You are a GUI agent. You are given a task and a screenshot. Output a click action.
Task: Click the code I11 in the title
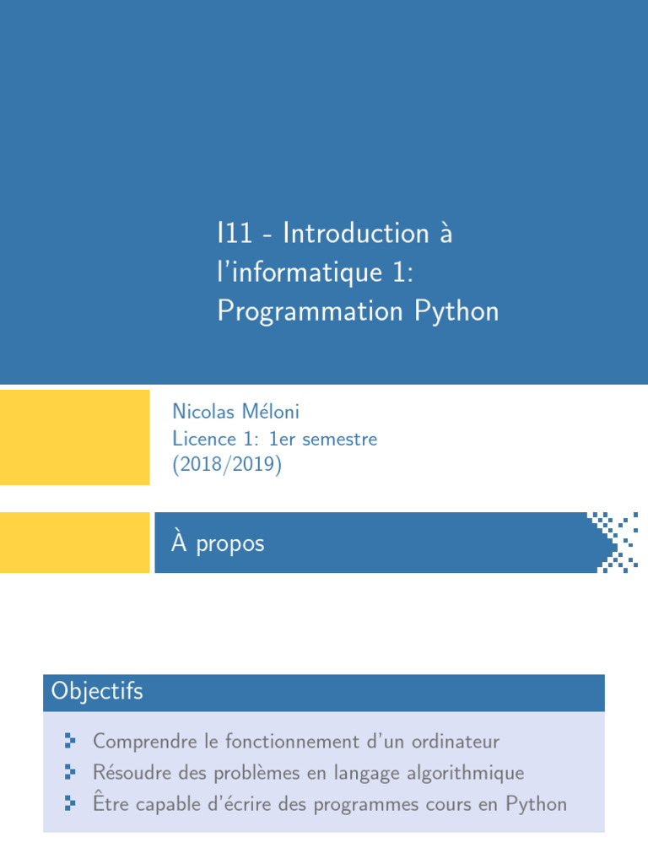(x=234, y=233)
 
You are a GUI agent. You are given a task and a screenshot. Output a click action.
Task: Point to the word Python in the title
(x=456, y=311)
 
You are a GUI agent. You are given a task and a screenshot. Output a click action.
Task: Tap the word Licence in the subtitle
(x=202, y=439)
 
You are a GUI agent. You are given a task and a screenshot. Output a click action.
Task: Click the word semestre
(x=339, y=439)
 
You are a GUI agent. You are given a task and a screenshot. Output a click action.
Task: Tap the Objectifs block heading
(x=97, y=692)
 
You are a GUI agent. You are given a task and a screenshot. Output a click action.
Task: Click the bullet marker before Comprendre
(x=70, y=742)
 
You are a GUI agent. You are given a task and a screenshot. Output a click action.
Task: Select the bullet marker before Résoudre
(x=70, y=772)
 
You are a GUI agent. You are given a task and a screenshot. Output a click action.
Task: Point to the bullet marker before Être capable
(x=70, y=803)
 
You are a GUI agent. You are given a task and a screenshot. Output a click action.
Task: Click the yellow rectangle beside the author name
(x=74, y=437)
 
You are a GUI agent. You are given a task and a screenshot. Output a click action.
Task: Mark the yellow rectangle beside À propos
(x=74, y=543)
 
